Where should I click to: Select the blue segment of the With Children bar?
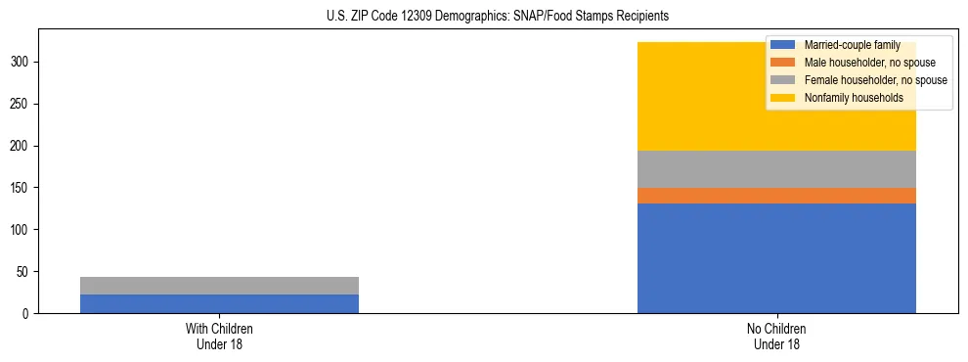(x=219, y=303)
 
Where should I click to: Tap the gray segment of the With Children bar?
(x=219, y=286)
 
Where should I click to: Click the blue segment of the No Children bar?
(x=776, y=258)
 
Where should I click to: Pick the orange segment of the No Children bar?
(x=776, y=196)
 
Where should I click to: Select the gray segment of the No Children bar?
(x=776, y=169)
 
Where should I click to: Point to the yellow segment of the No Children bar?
(x=704, y=97)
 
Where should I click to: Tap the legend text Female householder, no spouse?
(x=875, y=80)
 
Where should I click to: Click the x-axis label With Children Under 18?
(x=219, y=336)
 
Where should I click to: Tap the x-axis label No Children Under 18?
(x=776, y=336)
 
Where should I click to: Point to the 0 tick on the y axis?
(x=27, y=313)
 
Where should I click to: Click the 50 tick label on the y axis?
(x=24, y=272)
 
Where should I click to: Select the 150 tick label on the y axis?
(x=22, y=188)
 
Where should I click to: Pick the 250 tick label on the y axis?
(x=22, y=104)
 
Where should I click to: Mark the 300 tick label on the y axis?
(x=22, y=62)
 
